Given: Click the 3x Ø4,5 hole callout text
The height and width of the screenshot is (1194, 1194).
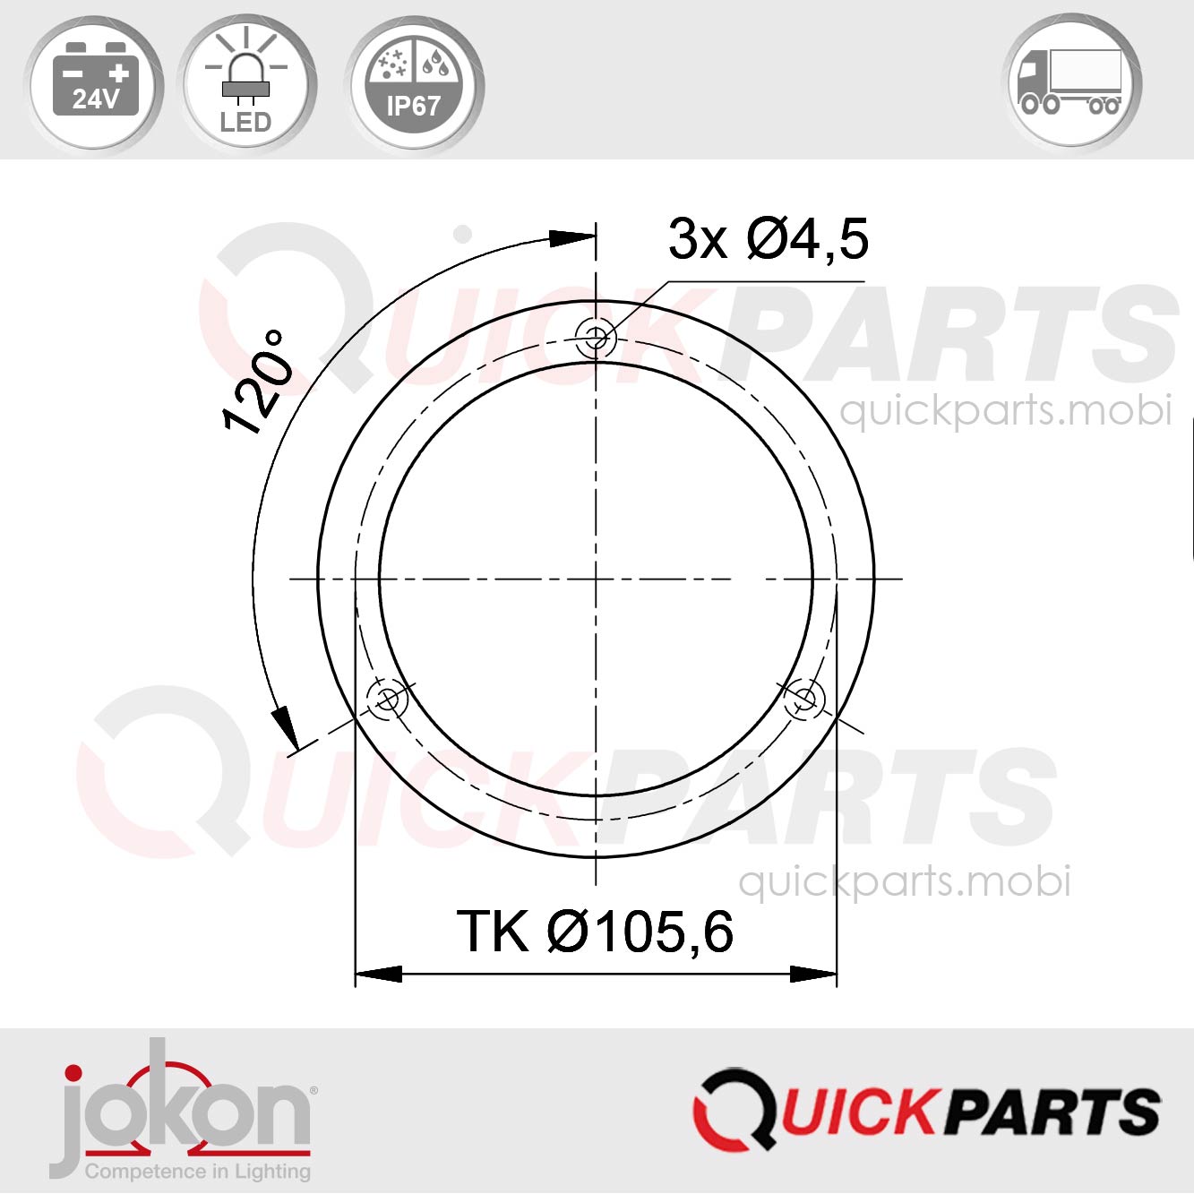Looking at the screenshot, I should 768,239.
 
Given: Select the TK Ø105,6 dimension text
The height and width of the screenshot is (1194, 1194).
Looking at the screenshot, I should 595,932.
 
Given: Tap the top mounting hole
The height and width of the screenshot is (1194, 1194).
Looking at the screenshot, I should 596,338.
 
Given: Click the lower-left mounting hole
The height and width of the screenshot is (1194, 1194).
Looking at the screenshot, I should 388,698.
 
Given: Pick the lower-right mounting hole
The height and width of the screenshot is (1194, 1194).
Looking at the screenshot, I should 804,698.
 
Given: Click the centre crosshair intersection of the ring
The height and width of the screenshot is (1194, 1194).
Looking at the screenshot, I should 596,579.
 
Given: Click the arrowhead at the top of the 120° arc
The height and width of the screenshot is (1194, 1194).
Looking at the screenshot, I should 571,238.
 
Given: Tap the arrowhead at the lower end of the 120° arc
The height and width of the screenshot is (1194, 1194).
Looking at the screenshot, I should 286,726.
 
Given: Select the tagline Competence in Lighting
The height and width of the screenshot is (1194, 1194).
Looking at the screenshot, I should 198,1171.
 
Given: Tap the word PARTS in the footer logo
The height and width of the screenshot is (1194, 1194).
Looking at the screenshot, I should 1052,1111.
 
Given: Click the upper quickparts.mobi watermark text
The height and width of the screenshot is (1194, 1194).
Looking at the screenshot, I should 1005,410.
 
